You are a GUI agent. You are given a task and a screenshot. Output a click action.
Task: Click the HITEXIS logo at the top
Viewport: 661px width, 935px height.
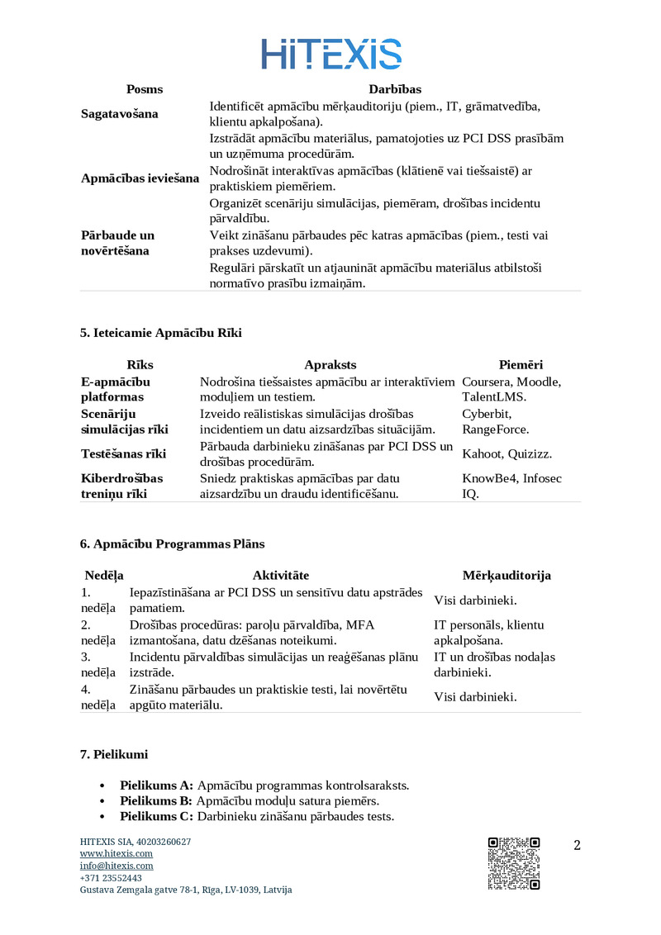coord(331,54)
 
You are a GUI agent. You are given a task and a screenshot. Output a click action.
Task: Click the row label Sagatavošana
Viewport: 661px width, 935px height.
coord(119,114)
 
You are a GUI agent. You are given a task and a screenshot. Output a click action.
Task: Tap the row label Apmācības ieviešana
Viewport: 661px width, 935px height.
coord(140,178)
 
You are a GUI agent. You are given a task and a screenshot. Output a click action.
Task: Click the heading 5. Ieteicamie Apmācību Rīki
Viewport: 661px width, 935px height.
coord(161,333)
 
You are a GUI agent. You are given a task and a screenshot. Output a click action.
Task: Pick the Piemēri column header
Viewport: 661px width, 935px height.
coord(521,365)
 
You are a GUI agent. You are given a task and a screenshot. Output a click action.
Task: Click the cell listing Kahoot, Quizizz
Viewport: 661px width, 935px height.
coord(507,453)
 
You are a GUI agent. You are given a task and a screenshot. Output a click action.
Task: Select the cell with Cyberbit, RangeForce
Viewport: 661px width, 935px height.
coord(496,421)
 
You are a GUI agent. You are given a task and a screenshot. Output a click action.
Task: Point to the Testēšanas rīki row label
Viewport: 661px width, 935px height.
coord(123,453)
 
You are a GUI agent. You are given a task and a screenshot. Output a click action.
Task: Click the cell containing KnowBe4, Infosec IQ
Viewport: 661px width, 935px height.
coord(511,486)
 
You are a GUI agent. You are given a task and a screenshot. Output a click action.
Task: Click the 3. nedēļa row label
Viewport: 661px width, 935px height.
coord(97,665)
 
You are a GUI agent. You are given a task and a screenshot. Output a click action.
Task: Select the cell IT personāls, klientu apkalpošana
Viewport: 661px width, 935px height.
coord(489,633)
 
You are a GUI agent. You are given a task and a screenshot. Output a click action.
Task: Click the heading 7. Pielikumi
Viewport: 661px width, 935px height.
coord(114,754)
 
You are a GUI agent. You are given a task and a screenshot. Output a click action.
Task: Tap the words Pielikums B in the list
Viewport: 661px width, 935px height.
coord(156,801)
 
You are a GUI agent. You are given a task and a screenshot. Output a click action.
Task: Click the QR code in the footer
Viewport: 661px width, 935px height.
coord(514,863)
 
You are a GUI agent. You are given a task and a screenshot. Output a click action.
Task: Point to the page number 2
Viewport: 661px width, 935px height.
coord(577,845)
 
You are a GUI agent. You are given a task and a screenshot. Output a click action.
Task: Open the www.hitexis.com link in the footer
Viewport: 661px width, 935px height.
coord(116,853)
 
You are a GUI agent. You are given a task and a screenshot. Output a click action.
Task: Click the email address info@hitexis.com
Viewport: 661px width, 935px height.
coord(117,866)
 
